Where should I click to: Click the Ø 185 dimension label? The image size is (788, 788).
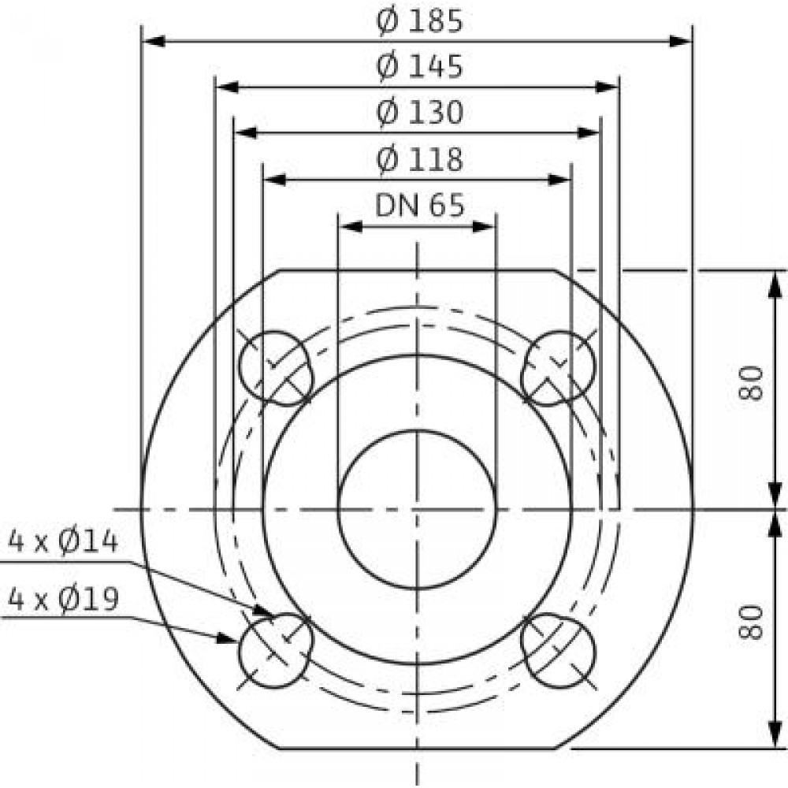[420, 22]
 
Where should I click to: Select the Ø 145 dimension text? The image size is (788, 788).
[420, 67]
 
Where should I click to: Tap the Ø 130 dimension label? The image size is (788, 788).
[420, 113]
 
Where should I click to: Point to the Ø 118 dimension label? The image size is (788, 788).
[420, 159]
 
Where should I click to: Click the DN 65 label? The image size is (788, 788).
[420, 205]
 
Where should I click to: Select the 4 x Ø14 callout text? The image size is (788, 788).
[63, 543]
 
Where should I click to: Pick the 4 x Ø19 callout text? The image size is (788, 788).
[63, 599]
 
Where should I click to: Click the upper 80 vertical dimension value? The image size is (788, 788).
[751, 383]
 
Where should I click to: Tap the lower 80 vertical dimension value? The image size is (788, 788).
[751, 623]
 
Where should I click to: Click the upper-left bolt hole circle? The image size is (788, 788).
[239, 368]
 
